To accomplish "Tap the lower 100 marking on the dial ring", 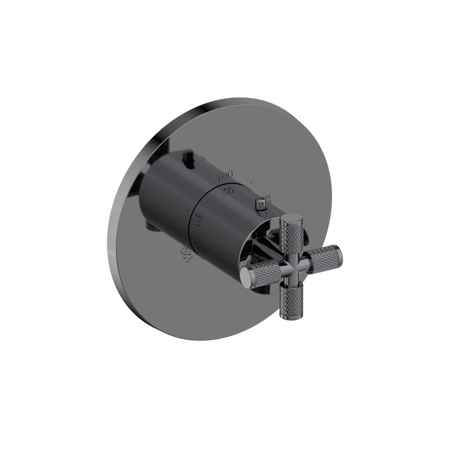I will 227,190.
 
